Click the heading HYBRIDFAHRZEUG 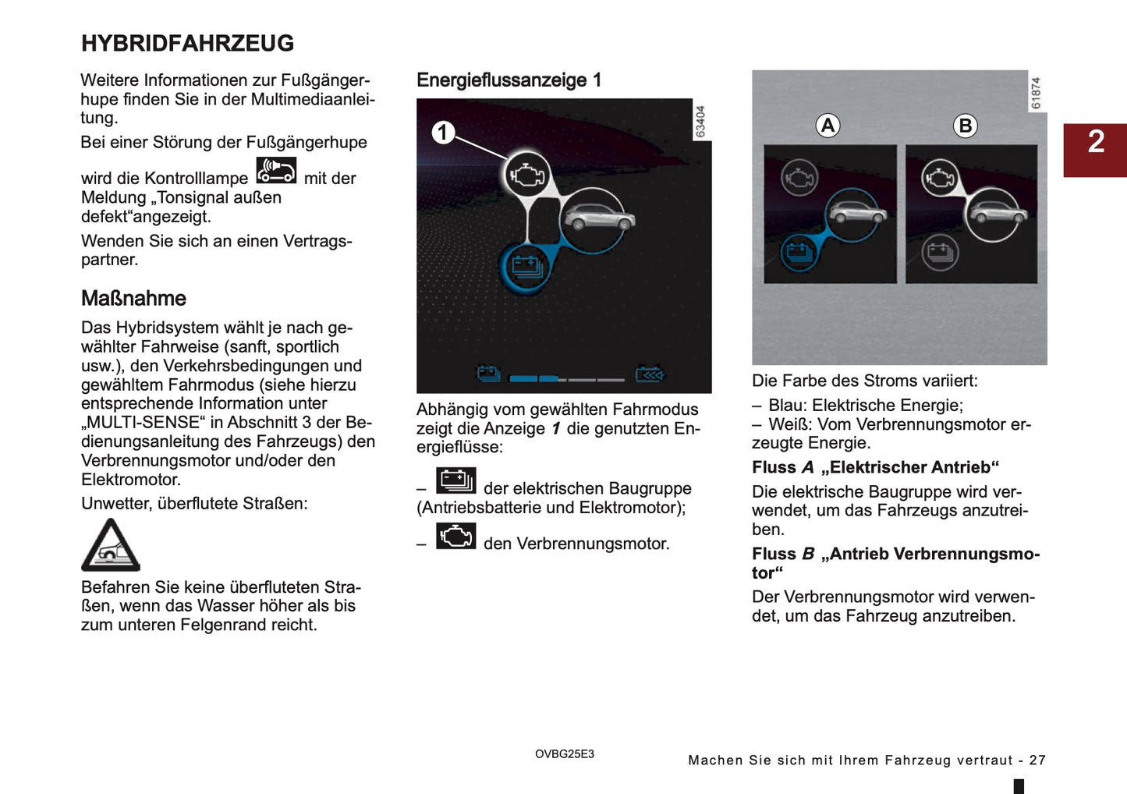pos(187,44)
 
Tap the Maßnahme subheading pos(133,299)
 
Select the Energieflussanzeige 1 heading pos(509,80)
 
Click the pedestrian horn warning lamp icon pos(276,170)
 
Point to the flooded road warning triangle pos(111,545)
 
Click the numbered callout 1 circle pos(443,133)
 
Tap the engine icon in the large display pos(527,175)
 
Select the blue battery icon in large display pos(526,268)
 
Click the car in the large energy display pos(597,218)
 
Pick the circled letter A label pos(828,126)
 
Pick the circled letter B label pos(965,126)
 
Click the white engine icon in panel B pos(940,178)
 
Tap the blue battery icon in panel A pos(799,252)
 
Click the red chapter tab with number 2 pos(1095,150)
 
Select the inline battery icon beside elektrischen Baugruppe pos(456,480)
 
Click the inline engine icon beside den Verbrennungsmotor pos(456,536)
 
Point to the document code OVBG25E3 pos(565,754)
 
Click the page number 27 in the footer pos(1037,760)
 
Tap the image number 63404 pos(700,122)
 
